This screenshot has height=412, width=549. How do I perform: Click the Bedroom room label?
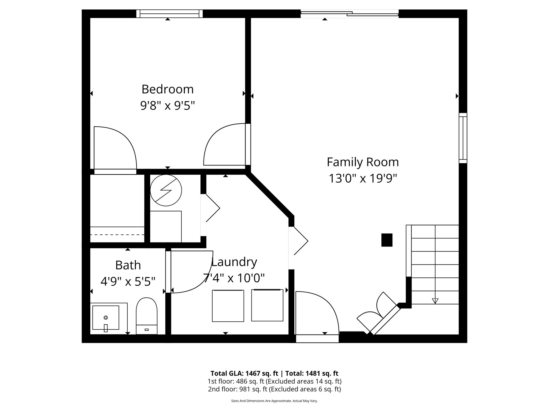pyautogui.click(x=168, y=89)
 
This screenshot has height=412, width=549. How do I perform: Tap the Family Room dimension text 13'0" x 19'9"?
pyautogui.click(x=363, y=178)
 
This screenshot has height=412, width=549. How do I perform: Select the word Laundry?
pyautogui.click(x=234, y=262)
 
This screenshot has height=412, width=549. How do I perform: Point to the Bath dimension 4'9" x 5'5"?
pyautogui.click(x=128, y=281)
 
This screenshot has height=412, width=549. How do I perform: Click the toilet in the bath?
pyautogui.click(x=146, y=316)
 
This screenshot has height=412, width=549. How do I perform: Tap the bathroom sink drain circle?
pyautogui.click(x=106, y=318)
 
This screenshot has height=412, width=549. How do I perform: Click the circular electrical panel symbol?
pyautogui.click(x=166, y=190)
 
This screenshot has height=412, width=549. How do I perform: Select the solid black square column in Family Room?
pyautogui.click(x=387, y=240)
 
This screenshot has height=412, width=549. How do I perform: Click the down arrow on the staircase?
pyautogui.click(x=435, y=301)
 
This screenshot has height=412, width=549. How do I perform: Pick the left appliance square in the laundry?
pyautogui.click(x=228, y=306)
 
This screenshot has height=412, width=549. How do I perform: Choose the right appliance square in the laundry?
pyautogui.click(x=267, y=305)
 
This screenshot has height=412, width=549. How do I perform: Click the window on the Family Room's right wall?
pyautogui.click(x=463, y=138)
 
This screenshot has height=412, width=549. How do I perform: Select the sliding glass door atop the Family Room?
pyautogui.click(x=350, y=14)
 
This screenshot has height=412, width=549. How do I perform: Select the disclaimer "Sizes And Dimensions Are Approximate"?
pyautogui.click(x=261, y=401)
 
